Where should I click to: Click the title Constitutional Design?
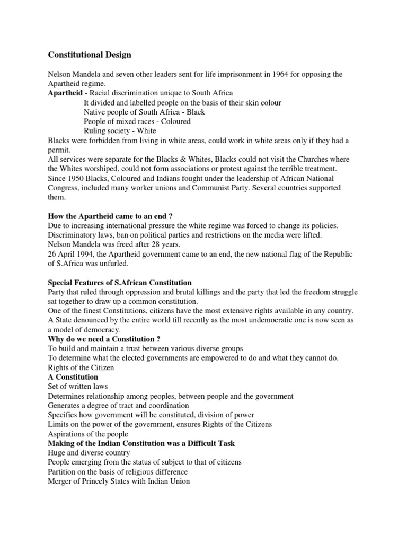pos(90,55)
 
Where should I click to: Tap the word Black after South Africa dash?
pos(195,112)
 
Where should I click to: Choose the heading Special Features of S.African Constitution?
pos(120,283)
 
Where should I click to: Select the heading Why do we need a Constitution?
pos(104,339)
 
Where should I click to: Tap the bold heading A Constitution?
pos(73,377)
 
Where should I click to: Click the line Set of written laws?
pos(78,387)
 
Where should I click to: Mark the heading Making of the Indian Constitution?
pos(141,443)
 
